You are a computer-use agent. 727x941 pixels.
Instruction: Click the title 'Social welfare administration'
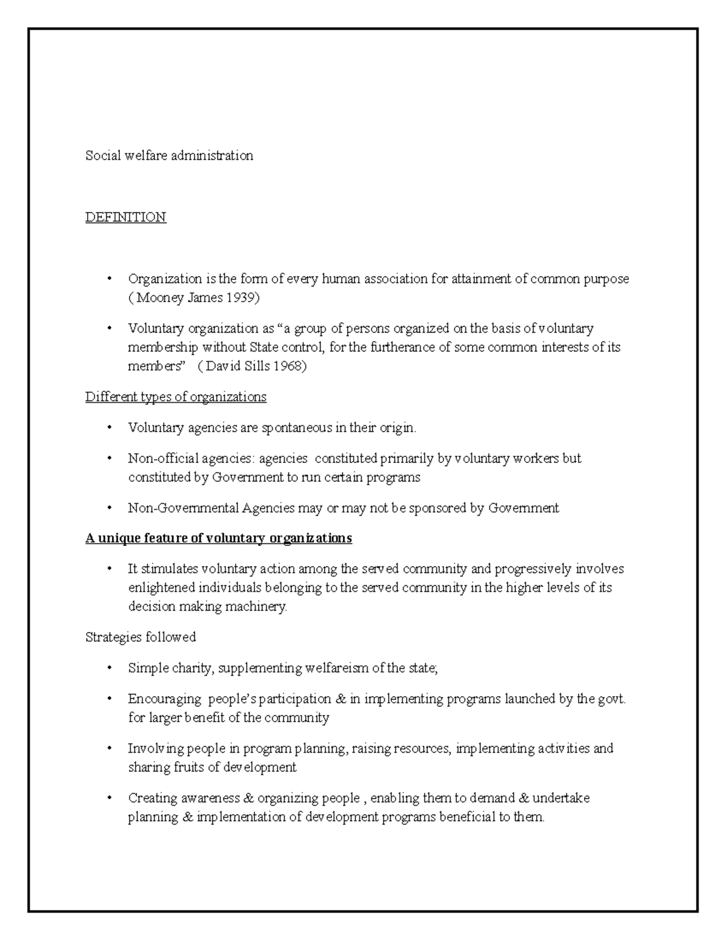tap(169, 156)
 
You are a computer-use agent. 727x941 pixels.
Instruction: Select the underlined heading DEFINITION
tap(125, 217)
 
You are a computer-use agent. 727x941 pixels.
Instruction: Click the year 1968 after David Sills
tap(289, 367)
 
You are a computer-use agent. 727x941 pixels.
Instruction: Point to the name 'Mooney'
tap(154, 298)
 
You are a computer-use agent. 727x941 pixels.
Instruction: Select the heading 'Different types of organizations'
tap(176, 397)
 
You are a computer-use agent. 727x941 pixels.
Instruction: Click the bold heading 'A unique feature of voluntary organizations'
tap(219, 538)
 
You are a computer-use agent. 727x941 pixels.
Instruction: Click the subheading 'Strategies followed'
tap(141, 637)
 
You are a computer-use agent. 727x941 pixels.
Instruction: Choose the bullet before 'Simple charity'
tap(109, 668)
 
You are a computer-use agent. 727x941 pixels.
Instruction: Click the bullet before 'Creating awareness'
tap(109, 798)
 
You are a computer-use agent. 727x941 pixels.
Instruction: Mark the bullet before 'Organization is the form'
tap(109, 279)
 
